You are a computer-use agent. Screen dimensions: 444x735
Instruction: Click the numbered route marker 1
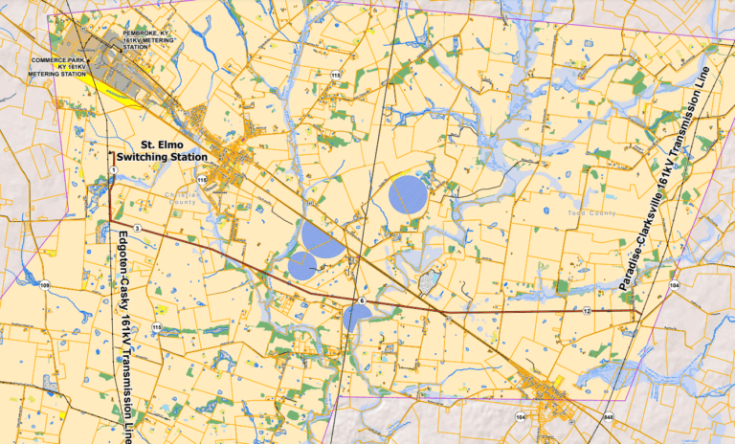[x=113, y=170]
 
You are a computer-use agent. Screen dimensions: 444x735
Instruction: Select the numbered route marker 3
[x=138, y=228]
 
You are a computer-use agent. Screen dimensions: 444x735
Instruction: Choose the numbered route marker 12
[x=586, y=311]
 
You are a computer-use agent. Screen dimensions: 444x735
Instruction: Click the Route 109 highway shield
[x=44, y=284]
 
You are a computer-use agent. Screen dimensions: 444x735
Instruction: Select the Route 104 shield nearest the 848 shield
[x=520, y=418]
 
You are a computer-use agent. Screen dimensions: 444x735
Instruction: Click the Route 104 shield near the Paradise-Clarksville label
[x=674, y=285]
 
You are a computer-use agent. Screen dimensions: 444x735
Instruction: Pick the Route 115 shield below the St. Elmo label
[x=202, y=179]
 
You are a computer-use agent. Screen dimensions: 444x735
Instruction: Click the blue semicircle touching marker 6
[x=355, y=317]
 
